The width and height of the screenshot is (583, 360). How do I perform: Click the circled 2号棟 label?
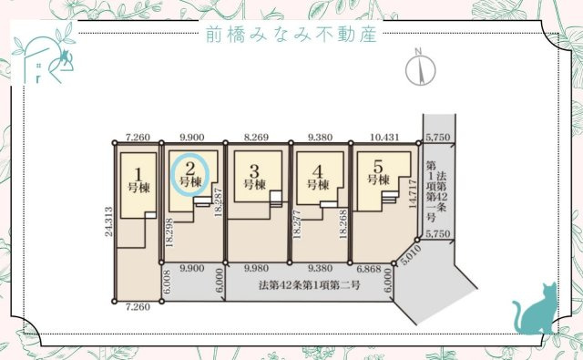pyautogui.click(x=190, y=173)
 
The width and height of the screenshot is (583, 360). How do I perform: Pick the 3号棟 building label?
pyautogui.click(x=254, y=175)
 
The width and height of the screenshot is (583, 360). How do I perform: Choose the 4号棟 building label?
pyautogui.click(x=316, y=175)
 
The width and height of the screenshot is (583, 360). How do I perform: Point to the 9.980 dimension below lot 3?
pyautogui.click(x=258, y=270)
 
